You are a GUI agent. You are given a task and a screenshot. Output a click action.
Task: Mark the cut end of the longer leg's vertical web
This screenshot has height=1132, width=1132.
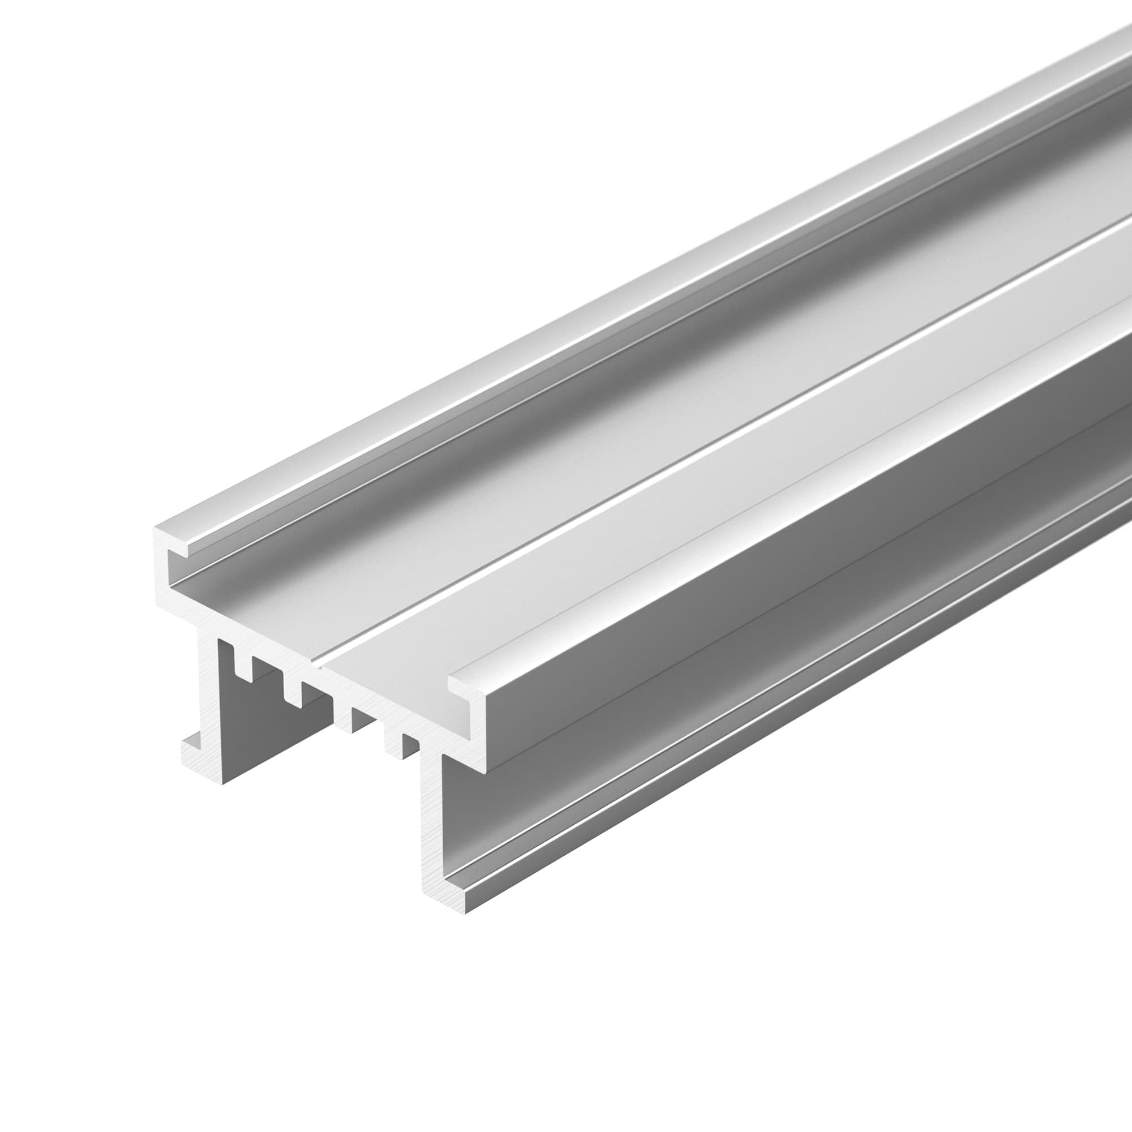click(x=431, y=820)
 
